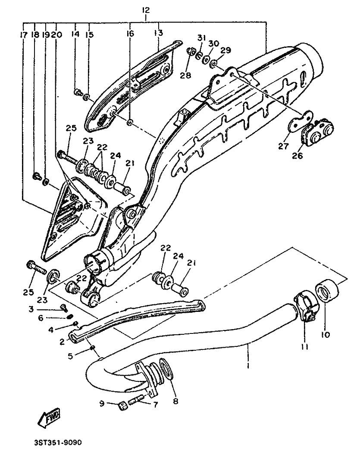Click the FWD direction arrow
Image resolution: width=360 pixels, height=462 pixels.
click(x=50, y=417)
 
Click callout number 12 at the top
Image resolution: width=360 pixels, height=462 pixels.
click(x=146, y=10)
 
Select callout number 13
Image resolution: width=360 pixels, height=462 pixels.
click(x=159, y=33)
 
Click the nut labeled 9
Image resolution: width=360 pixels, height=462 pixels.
click(x=121, y=406)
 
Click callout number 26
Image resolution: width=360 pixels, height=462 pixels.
click(x=297, y=155)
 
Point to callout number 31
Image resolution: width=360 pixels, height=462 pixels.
click(x=201, y=38)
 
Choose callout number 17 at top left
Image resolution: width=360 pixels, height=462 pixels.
click(x=24, y=35)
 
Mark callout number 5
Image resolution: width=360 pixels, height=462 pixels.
click(x=70, y=356)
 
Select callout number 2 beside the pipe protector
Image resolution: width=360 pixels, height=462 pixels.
click(x=62, y=342)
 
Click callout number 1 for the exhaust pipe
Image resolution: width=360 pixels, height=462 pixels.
click(x=248, y=366)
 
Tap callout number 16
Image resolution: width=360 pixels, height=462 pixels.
click(x=130, y=33)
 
